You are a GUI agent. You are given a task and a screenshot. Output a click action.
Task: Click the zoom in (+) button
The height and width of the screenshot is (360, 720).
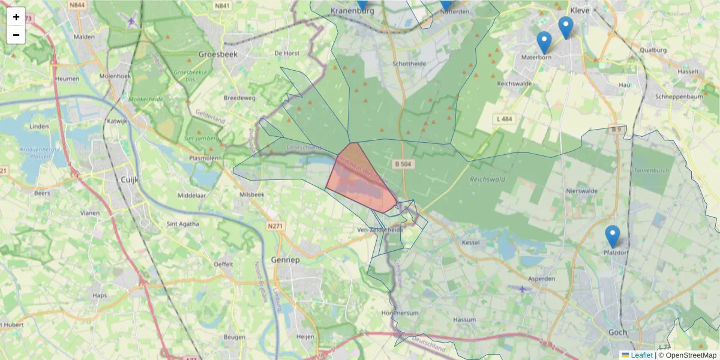(x=16, y=17)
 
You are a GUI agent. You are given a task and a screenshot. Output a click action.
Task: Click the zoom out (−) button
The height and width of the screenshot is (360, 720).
(x=16, y=35)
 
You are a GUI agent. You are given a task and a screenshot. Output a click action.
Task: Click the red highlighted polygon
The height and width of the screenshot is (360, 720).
(x=360, y=180)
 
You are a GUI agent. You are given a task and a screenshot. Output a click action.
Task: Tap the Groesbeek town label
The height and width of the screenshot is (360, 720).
(x=218, y=54)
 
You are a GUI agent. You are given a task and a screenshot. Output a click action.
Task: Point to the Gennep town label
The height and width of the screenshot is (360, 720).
(x=284, y=260)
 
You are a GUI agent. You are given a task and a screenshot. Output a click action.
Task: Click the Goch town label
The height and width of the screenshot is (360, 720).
(x=617, y=332)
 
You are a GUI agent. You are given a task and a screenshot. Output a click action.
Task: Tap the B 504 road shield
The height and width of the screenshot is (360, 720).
(x=405, y=163)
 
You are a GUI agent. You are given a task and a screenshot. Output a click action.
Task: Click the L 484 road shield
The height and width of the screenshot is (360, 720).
(x=505, y=119)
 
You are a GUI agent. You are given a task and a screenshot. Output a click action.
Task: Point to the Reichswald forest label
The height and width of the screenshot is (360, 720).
(x=487, y=179)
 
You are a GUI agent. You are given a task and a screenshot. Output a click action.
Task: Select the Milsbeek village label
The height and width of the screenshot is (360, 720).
(x=251, y=195)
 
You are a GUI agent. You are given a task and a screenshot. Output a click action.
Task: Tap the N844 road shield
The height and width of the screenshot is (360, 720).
(x=76, y=5)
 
